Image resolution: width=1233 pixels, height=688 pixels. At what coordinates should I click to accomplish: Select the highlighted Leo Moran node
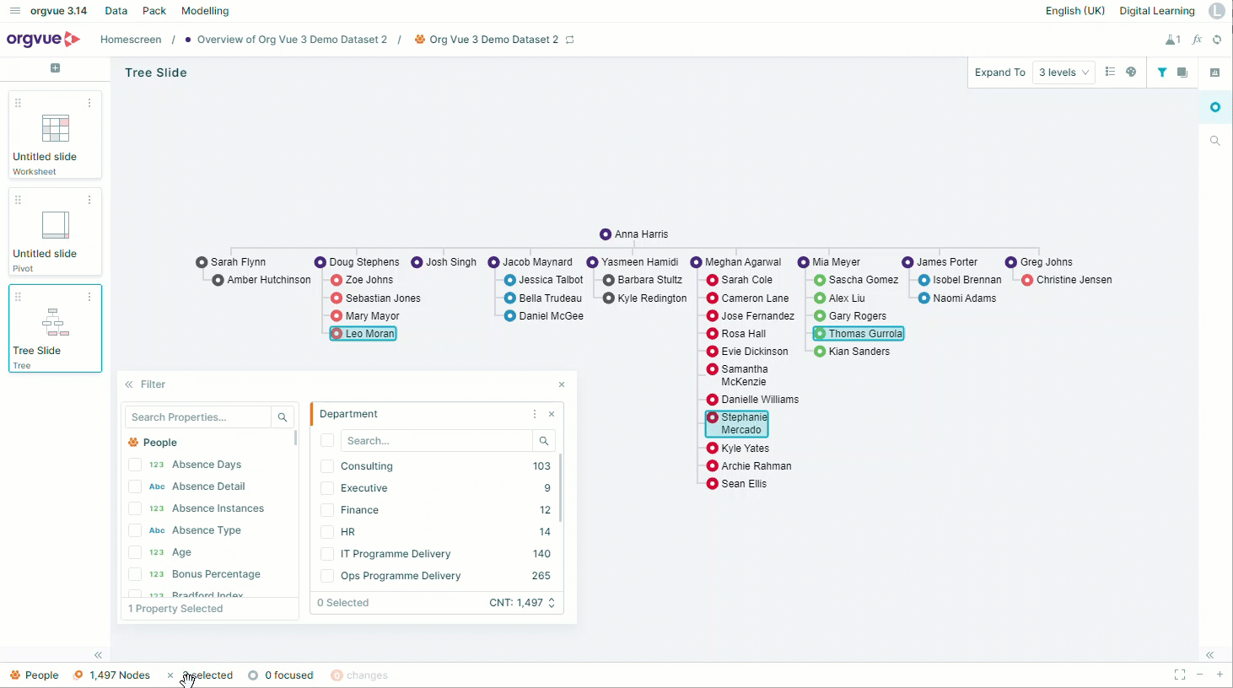tap(363, 334)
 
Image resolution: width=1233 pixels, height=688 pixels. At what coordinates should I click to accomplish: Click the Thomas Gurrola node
tap(859, 334)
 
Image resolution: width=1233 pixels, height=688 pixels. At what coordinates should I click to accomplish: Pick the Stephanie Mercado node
tap(737, 423)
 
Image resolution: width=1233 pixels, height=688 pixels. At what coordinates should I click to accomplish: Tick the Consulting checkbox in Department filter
tap(327, 466)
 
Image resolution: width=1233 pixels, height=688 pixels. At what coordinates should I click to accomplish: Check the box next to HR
tap(327, 532)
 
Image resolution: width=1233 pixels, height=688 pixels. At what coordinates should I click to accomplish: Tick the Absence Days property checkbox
tap(135, 465)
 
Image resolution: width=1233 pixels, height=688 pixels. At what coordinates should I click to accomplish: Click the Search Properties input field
tap(198, 417)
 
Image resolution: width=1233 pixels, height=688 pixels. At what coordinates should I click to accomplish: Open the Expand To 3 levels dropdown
tap(1063, 73)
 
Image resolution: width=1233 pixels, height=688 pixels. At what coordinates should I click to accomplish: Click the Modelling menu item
tap(205, 11)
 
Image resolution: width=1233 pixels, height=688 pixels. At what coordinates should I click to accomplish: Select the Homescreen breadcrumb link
tap(131, 40)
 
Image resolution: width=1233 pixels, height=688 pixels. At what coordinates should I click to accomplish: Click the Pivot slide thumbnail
tap(55, 231)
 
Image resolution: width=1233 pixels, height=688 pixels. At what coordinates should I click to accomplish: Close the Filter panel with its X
tap(562, 384)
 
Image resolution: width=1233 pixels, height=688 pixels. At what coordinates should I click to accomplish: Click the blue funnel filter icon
tap(1161, 73)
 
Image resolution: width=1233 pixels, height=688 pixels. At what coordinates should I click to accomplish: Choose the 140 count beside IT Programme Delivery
tap(541, 554)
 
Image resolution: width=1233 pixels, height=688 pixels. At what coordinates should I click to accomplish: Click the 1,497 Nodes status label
tap(120, 675)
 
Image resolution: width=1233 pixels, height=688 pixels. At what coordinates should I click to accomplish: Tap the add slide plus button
tap(55, 68)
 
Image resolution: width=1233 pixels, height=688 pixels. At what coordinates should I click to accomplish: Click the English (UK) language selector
tap(1075, 11)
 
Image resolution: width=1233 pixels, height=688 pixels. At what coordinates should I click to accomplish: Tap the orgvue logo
tap(44, 39)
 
